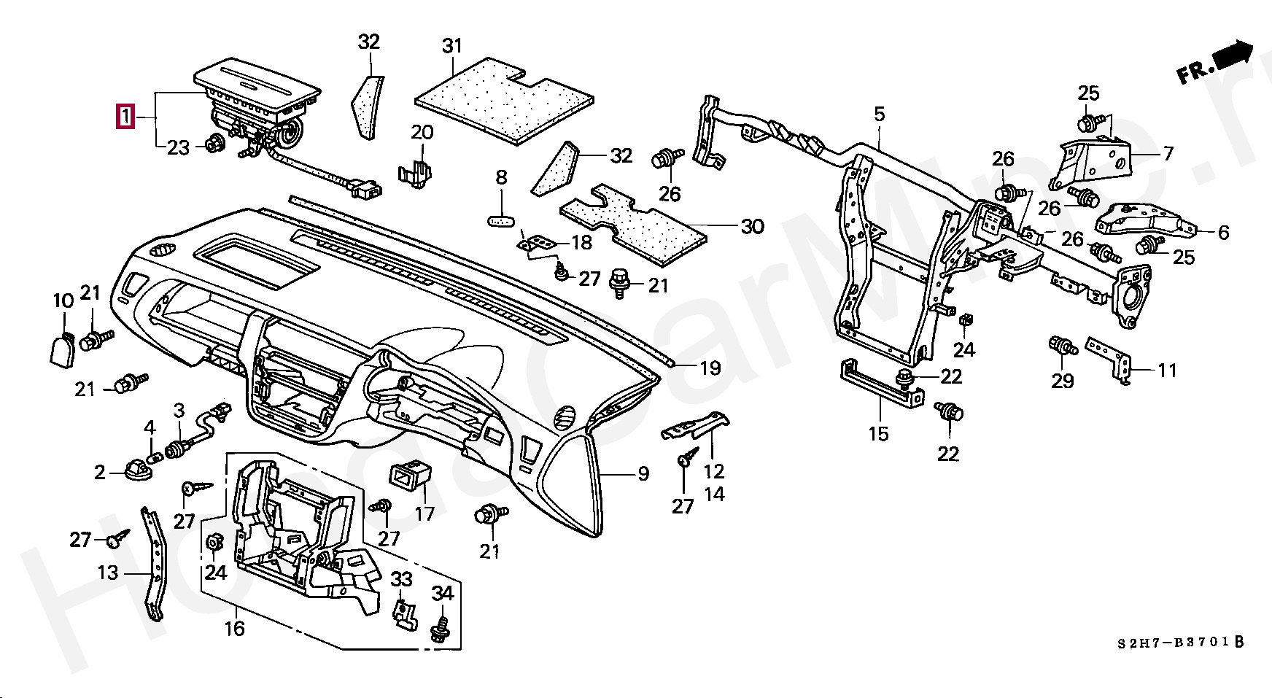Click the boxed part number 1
pos(125,117)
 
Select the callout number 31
pos(452,46)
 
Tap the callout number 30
pos(752,226)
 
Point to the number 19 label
pos(710,368)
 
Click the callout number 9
pos(643,474)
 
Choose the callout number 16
pos(234,628)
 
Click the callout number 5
pos(880,115)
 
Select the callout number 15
pos(878,434)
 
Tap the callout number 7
pos(1168,153)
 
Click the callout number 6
pos(1223,232)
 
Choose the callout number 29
pos(1062,380)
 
